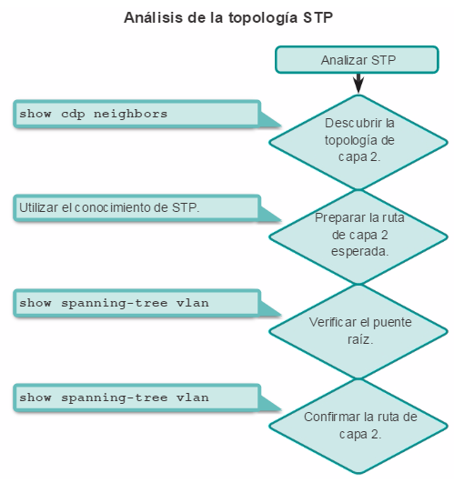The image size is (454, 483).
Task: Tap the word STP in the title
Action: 318,17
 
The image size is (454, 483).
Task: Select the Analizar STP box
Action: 357,60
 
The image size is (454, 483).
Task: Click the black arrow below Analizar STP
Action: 358,83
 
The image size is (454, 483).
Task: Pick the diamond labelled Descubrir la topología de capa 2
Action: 358,142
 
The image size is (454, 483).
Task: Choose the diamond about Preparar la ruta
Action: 358,236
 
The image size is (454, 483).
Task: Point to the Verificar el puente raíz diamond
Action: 358,331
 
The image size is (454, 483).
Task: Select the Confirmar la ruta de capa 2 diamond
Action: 358,426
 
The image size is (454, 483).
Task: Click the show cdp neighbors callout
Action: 137,114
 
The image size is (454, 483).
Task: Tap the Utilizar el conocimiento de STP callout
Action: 137,208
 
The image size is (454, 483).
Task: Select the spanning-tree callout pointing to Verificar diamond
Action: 137,303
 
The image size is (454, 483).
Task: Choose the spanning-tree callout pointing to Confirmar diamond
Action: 137,397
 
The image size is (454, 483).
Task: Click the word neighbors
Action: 130,114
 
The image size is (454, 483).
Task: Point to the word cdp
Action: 73,115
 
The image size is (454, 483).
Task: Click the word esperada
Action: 359,251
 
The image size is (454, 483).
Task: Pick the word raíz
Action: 360,339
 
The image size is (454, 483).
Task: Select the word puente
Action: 392,323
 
